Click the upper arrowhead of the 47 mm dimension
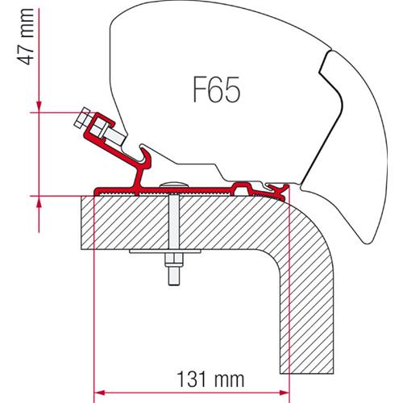tap(35, 105)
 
